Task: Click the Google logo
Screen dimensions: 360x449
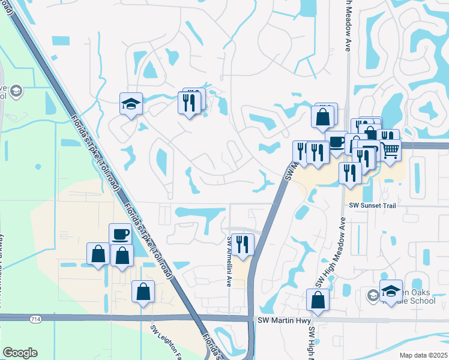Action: [19, 353]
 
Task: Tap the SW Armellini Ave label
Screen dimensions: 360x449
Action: [229, 260]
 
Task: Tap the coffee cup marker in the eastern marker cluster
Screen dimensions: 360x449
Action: [337, 142]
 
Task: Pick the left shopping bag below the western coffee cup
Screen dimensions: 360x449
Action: [98, 254]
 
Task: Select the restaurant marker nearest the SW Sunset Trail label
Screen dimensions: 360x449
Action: [350, 172]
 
